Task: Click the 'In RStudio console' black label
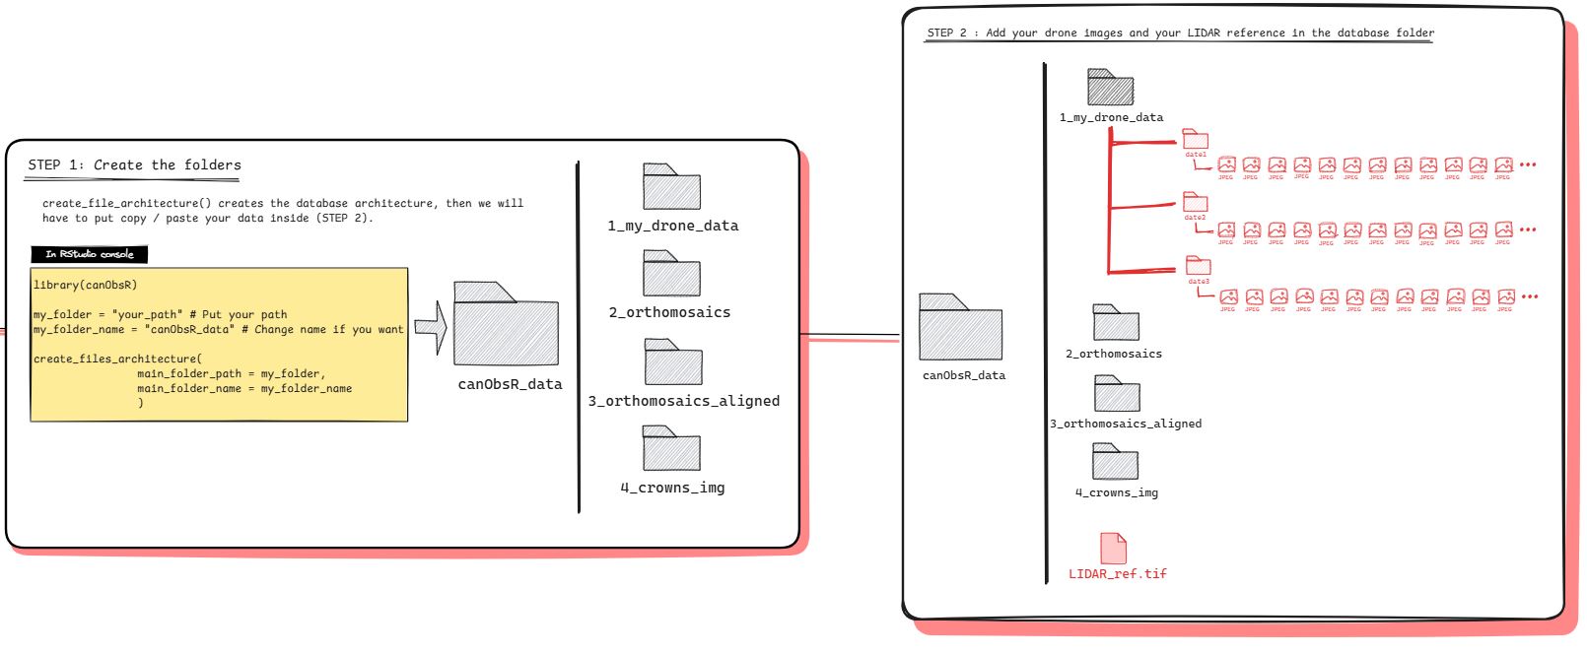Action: click(x=90, y=254)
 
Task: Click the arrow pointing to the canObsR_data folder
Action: click(x=431, y=327)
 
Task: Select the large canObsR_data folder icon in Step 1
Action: click(x=506, y=326)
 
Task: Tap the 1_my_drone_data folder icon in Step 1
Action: click(x=671, y=187)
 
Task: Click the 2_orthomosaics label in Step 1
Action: click(x=669, y=312)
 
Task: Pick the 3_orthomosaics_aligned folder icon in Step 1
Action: click(x=673, y=362)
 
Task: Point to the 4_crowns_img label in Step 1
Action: click(x=672, y=488)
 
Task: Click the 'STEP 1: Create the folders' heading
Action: click(x=135, y=165)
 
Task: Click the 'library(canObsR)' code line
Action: click(x=86, y=285)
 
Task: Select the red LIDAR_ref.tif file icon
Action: click(x=1113, y=549)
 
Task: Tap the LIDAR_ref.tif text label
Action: click(x=1118, y=573)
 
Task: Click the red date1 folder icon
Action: click(x=1195, y=139)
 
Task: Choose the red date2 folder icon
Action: click(x=1195, y=202)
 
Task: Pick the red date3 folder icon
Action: click(x=1198, y=266)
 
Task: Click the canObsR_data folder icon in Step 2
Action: click(x=960, y=328)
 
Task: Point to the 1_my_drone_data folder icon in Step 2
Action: click(x=1110, y=88)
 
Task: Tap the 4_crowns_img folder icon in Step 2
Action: click(x=1115, y=462)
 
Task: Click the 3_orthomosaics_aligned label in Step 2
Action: click(x=1126, y=424)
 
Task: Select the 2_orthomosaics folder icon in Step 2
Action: click(x=1116, y=323)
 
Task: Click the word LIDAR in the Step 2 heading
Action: click(x=1204, y=33)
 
